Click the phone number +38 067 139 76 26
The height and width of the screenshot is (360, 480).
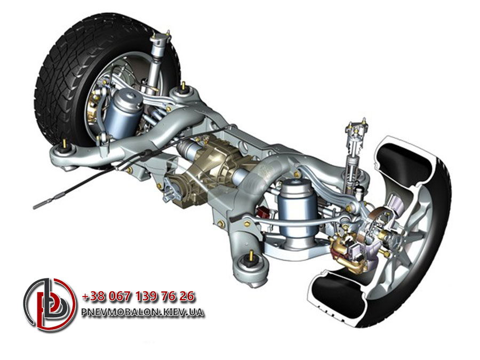(x=138, y=297)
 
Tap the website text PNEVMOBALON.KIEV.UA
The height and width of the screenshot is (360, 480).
(x=142, y=312)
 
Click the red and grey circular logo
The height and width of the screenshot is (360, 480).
(x=50, y=305)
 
